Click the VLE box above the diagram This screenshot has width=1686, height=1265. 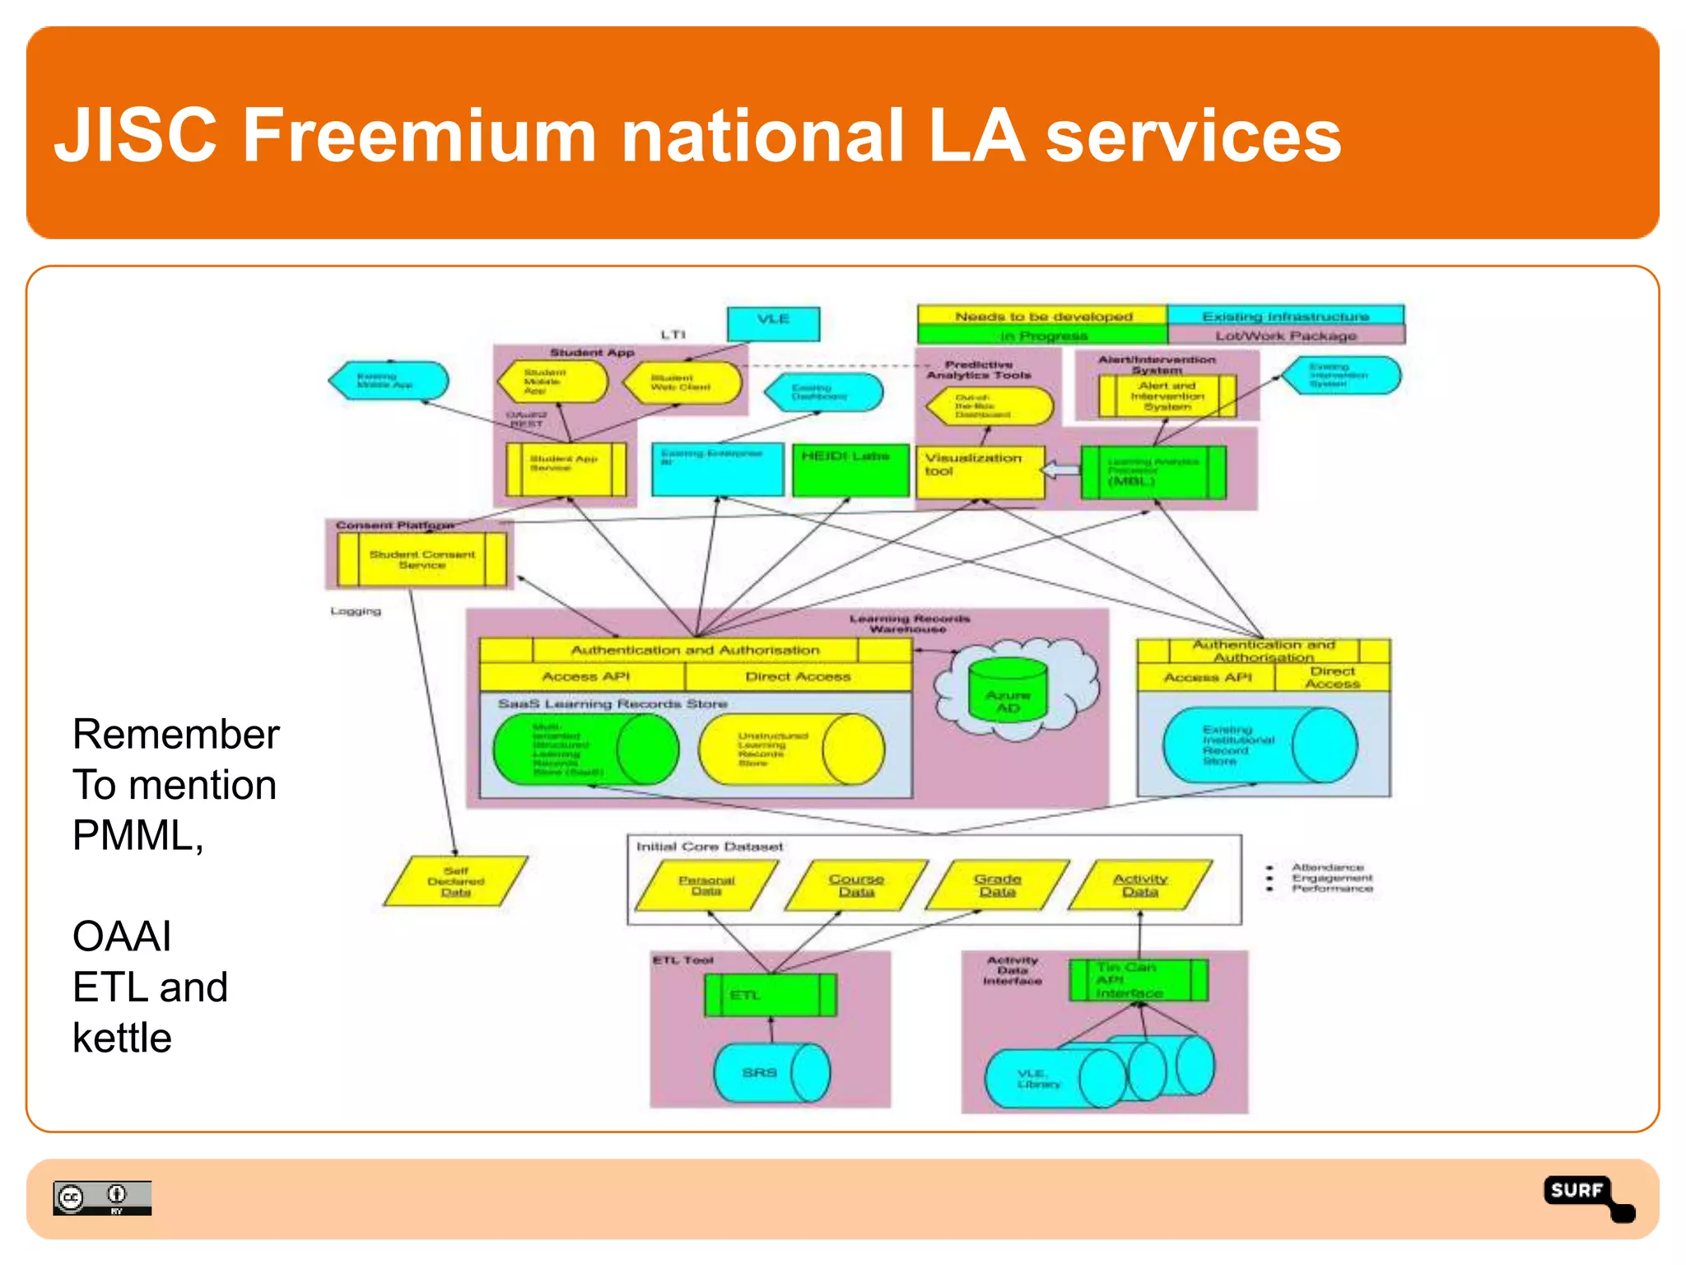tap(773, 323)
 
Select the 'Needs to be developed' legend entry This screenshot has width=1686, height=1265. tap(1042, 316)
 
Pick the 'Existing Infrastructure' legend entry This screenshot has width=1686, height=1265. tap(1285, 316)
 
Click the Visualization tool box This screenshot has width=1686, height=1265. tap(980, 471)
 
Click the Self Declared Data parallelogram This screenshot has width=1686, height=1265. tap(456, 881)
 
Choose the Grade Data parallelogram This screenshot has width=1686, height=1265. tap(998, 885)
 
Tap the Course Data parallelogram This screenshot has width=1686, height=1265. tap(856, 885)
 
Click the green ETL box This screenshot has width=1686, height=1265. tap(770, 995)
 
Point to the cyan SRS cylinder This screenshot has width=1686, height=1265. tap(771, 1072)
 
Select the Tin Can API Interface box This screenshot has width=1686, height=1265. tap(1138, 980)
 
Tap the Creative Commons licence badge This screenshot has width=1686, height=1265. tap(102, 1197)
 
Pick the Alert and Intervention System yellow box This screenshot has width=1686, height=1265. tap(1167, 396)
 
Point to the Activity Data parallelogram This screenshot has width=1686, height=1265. tap(1140, 885)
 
